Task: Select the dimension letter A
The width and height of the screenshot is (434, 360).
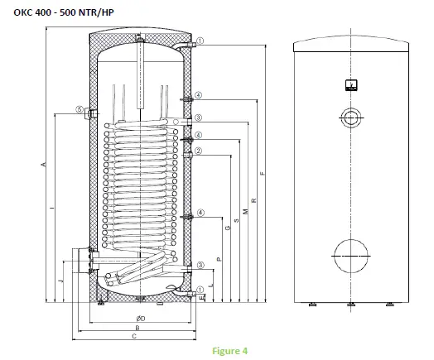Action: pos(42,166)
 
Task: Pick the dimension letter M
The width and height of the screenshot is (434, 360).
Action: pos(244,210)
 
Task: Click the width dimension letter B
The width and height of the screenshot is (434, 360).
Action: pos(137,328)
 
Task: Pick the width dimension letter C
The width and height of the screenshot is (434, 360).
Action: pos(134,337)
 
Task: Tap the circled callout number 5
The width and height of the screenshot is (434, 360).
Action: pos(79,109)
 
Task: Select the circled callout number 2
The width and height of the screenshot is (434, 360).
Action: pos(200,151)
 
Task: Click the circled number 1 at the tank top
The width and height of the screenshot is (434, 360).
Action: pos(200,40)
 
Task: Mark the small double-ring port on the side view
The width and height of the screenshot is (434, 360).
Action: pos(351,117)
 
